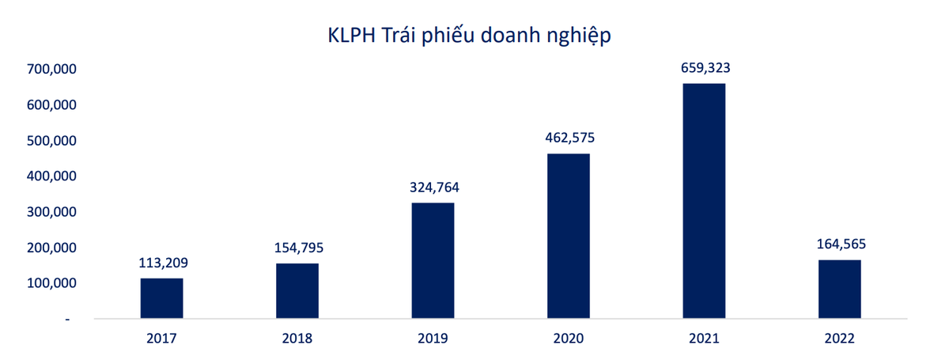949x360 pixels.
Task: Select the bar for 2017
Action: point(161,298)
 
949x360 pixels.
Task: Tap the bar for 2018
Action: point(297,290)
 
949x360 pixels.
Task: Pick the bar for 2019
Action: point(433,260)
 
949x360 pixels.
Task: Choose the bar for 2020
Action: point(569,236)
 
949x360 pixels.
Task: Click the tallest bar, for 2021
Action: point(704,201)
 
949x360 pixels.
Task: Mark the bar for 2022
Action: point(839,289)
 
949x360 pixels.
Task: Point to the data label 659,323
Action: point(705,68)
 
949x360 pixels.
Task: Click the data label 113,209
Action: point(162,263)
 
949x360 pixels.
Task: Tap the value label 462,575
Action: point(569,138)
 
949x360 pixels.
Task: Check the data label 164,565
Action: point(840,244)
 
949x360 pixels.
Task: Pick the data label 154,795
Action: point(298,248)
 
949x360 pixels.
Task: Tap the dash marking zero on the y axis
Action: point(68,319)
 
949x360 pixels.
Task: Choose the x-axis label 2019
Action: point(433,339)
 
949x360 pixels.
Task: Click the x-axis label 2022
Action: point(839,339)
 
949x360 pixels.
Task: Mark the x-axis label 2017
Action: point(161,339)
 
